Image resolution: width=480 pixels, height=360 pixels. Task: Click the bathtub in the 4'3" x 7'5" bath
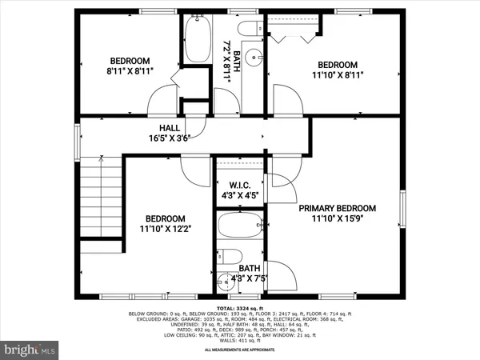[x=238, y=227]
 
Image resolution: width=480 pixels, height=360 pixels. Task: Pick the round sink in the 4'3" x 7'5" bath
[x=224, y=282]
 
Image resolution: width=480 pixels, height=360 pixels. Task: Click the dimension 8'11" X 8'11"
[x=130, y=72]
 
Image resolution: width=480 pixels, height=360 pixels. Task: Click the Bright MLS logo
[x=30, y=350]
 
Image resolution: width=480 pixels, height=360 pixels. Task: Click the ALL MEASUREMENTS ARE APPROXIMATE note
[x=239, y=350]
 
